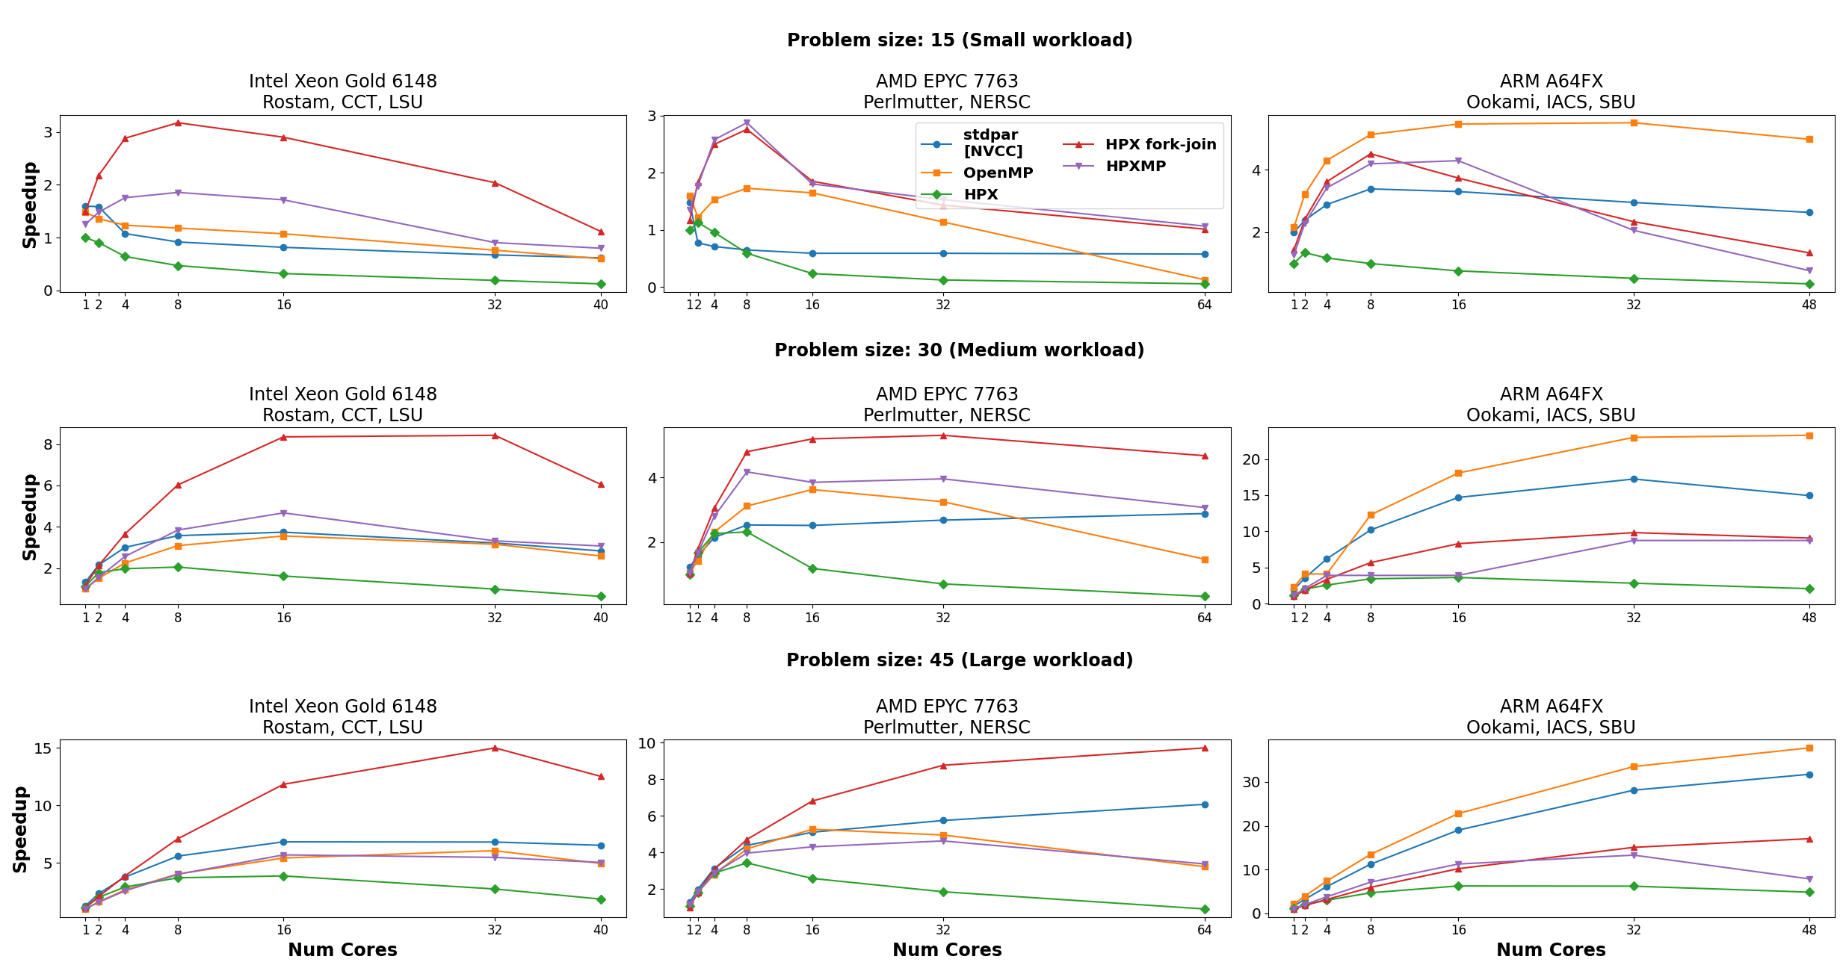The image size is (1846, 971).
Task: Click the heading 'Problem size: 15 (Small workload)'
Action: click(x=960, y=40)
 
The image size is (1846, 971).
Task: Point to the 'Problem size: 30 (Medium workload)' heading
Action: click(x=959, y=350)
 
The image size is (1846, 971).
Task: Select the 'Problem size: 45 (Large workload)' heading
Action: click(x=960, y=660)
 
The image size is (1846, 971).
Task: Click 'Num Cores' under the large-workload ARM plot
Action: click(x=1551, y=950)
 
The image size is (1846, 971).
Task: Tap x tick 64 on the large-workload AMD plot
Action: click(x=1204, y=930)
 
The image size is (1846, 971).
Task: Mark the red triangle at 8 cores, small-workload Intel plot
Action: click(x=178, y=122)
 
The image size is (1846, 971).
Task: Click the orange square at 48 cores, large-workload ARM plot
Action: click(x=1809, y=748)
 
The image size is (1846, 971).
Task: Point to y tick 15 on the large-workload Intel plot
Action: click(x=43, y=748)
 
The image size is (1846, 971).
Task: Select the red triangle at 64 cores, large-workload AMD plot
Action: click(x=1205, y=748)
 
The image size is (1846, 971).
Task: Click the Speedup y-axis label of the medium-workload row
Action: click(x=30, y=517)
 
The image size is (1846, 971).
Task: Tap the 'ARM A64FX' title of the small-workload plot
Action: click(x=1551, y=81)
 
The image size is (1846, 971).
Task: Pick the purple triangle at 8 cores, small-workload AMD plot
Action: click(x=747, y=123)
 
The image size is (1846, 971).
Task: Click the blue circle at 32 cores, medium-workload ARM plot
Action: click(x=1634, y=479)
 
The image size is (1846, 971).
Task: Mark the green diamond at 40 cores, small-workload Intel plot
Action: click(x=601, y=284)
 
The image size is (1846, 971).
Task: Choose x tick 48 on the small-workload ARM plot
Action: click(x=1809, y=305)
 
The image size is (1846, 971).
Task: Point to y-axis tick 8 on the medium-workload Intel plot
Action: click(x=48, y=444)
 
